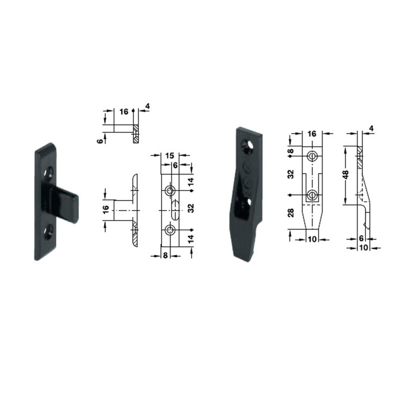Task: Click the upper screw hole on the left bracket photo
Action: tap(48, 173)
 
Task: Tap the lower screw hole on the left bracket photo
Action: tap(48, 231)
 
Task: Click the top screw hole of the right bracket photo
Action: tap(246, 144)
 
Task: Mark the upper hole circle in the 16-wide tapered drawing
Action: tap(312, 156)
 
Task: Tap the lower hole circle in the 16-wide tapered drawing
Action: tap(312, 195)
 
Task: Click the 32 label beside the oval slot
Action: tap(190, 210)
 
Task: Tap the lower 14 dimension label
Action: tap(190, 240)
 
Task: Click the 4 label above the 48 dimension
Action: tap(370, 128)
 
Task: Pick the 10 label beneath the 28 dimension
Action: tap(311, 239)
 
